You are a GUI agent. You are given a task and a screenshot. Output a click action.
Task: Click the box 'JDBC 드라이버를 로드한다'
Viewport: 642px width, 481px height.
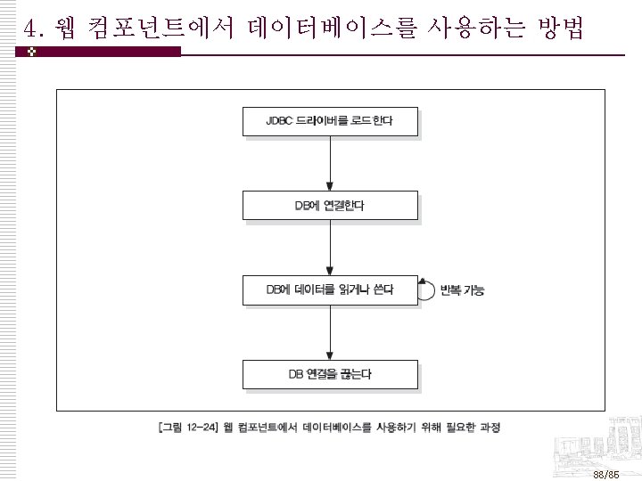point(330,121)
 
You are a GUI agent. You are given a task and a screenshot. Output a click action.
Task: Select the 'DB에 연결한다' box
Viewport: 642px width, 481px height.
point(330,206)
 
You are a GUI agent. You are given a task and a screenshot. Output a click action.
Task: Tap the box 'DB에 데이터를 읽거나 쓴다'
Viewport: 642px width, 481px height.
point(330,290)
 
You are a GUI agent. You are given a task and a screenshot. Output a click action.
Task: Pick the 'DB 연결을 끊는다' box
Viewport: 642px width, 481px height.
point(330,374)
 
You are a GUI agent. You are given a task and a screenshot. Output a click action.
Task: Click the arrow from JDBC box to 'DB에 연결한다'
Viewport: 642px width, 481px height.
point(330,164)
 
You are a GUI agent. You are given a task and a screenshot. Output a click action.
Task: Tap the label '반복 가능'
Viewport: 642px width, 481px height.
point(462,291)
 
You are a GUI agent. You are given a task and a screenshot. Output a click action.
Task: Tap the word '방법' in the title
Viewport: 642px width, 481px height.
point(561,30)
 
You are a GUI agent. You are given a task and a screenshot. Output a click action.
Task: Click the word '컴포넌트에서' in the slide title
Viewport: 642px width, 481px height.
point(170,30)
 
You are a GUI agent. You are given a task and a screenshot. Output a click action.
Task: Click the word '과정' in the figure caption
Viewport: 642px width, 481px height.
point(490,428)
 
